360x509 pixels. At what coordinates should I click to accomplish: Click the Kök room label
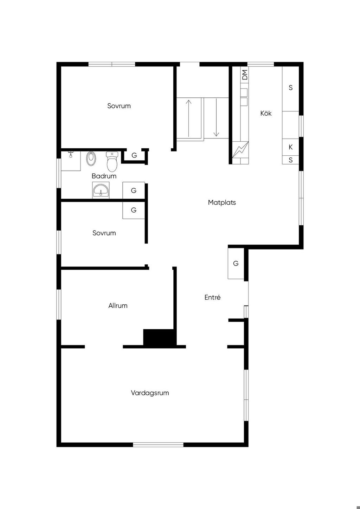pyautogui.click(x=266, y=113)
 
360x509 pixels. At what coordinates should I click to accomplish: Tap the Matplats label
pyautogui.click(x=222, y=202)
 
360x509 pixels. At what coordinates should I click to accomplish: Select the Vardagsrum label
pyautogui.click(x=150, y=393)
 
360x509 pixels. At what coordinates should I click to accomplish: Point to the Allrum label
pyautogui.click(x=118, y=305)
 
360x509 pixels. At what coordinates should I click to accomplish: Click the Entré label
pyautogui.click(x=212, y=297)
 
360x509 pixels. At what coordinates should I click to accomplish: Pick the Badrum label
pyautogui.click(x=104, y=176)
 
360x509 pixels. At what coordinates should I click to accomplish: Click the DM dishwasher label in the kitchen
pyautogui.click(x=245, y=75)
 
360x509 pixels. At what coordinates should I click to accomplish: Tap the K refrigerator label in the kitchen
pyautogui.click(x=290, y=147)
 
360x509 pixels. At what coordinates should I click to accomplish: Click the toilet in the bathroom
pyautogui.click(x=112, y=162)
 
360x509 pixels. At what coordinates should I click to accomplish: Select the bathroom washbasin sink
pyautogui.click(x=101, y=190)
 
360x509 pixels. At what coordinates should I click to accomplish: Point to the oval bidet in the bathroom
pyautogui.click(x=91, y=159)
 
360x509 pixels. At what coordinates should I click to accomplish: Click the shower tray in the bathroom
pyautogui.click(x=71, y=161)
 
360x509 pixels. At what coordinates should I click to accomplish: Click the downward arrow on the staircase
pyautogui.click(x=216, y=117)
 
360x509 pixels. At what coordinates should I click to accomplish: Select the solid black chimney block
pyautogui.click(x=160, y=339)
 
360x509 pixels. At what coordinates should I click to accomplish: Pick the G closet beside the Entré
pyautogui.click(x=236, y=264)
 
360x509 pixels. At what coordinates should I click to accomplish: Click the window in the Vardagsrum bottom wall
pyautogui.click(x=158, y=445)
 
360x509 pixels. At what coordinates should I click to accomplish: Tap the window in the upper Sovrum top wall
pyautogui.click(x=111, y=64)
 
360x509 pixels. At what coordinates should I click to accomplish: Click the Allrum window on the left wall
pyautogui.click(x=59, y=304)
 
